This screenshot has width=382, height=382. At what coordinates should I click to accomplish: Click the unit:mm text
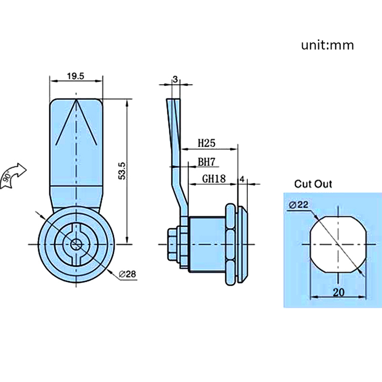coord(328,45)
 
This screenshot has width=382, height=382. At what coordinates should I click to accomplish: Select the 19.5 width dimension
coord(76,76)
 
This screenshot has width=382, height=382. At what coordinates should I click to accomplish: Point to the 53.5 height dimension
coord(122,170)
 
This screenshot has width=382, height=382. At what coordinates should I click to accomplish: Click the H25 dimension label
coord(207,143)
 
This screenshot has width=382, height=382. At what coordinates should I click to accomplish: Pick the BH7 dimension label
coord(207,162)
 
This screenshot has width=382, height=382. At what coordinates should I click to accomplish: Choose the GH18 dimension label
coord(213,179)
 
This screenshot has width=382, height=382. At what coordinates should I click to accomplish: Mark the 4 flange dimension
coord(242,179)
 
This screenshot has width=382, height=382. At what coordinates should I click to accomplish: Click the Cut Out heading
coord(313,184)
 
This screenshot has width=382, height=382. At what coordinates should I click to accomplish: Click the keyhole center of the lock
coord(76,244)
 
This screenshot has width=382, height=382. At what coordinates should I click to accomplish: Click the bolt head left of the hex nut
coord(172,244)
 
